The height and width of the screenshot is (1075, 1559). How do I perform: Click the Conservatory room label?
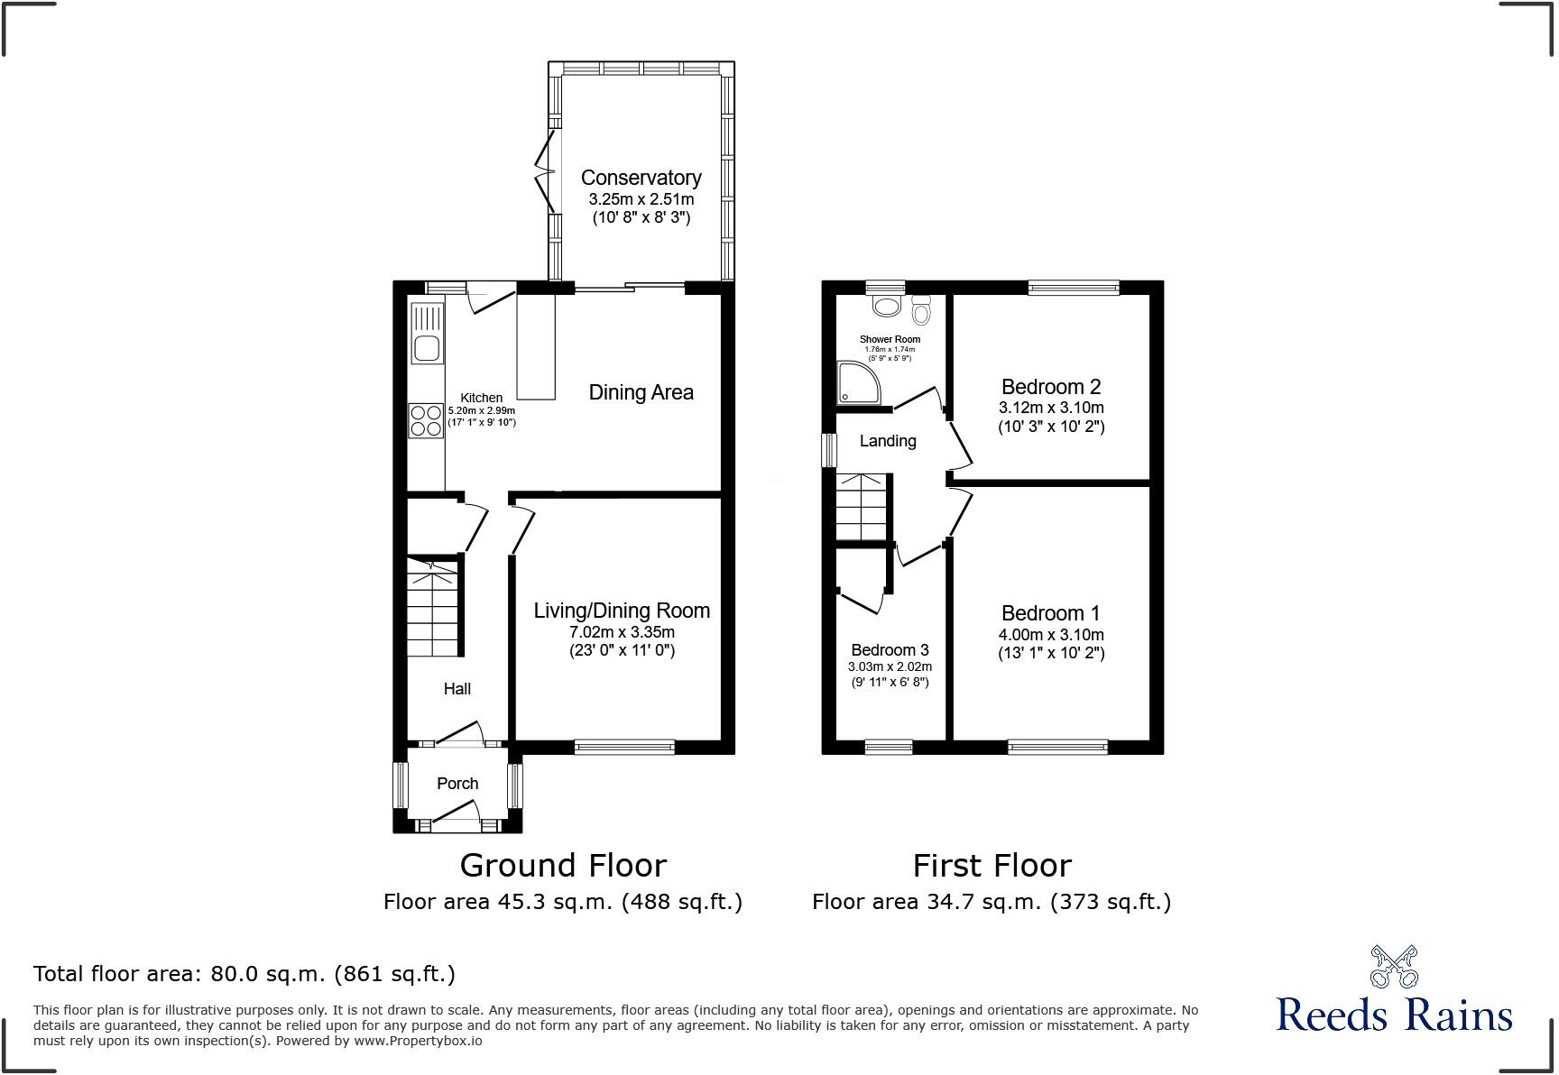click(x=641, y=178)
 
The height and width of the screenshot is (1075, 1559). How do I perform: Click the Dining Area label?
click(x=641, y=392)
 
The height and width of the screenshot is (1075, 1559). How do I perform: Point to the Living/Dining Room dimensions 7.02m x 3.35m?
click(x=622, y=631)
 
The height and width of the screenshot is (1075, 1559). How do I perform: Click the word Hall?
click(x=457, y=689)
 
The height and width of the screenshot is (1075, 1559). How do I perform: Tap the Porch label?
click(x=457, y=784)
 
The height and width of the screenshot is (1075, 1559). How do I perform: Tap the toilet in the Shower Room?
click(x=921, y=309)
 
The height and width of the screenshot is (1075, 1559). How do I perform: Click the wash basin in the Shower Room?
click(x=887, y=306)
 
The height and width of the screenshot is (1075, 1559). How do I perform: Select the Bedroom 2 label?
click(x=1051, y=387)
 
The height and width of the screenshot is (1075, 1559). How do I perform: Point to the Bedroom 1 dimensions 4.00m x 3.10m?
click(x=1051, y=634)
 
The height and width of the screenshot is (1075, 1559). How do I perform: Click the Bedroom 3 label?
click(x=890, y=650)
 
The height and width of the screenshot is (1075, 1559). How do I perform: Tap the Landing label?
click(x=888, y=441)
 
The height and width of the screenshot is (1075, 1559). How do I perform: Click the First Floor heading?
click(x=992, y=866)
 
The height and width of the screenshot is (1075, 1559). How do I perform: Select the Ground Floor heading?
click(x=563, y=866)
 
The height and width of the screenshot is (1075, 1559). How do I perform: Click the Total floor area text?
click(x=244, y=974)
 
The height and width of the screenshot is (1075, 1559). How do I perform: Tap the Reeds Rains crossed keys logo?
click(x=1394, y=967)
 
